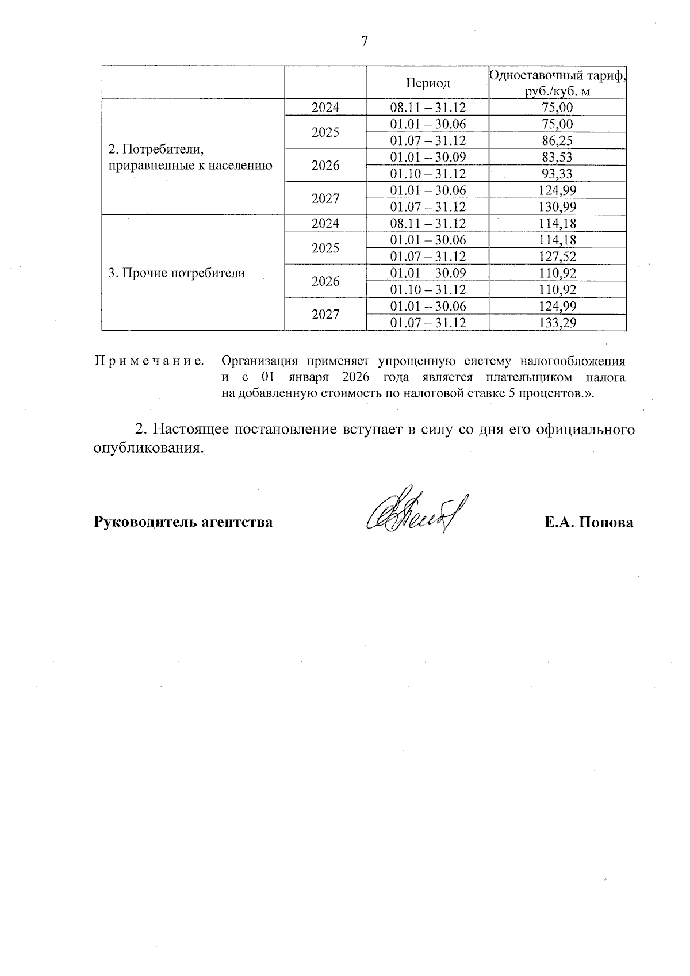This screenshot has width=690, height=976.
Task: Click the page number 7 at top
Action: coord(364,41)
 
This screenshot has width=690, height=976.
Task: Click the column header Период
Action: coord(428,83)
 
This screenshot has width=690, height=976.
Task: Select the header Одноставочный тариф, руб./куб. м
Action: coord(557,83)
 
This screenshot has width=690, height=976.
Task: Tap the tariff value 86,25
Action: coord(557,141)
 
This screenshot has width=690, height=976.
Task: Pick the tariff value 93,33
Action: coord(557,174)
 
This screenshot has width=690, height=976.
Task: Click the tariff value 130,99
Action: coord(557,207)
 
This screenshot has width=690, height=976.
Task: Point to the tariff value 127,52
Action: coord(557,257)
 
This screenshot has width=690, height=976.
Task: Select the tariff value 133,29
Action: coord(557,323)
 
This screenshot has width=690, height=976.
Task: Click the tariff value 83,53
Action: coord(557,158)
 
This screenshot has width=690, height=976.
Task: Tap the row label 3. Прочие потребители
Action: coord(177,273)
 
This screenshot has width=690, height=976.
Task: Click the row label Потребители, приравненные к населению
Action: coord(190,158)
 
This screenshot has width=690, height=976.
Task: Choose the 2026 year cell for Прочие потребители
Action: coord(325,281)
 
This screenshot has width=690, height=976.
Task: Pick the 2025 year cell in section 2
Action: coord(325,133)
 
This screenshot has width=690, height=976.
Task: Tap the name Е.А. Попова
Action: coord(589,522)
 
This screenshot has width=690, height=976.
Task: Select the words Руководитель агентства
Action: coord(183,522)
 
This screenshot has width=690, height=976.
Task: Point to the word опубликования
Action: coord(149,448)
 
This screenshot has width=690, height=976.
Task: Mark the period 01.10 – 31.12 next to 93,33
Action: coord(428,174)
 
